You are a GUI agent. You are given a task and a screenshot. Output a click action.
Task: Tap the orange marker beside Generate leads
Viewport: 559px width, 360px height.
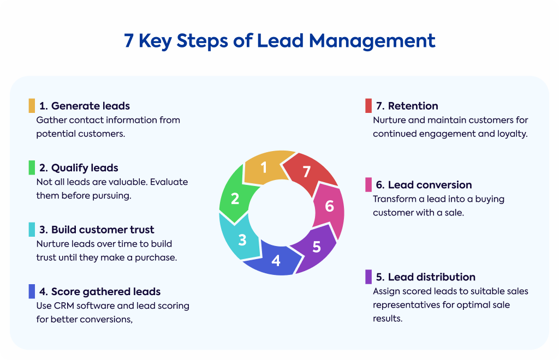pos(32,106)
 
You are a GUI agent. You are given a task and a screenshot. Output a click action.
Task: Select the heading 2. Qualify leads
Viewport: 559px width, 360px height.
pos(79,168)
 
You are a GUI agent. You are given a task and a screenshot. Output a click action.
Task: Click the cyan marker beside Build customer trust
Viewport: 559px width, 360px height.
pos(32,229)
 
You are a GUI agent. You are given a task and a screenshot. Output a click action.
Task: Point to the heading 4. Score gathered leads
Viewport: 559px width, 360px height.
pos(100,292)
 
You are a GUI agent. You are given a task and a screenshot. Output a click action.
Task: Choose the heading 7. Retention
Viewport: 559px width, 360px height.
pos(407,106)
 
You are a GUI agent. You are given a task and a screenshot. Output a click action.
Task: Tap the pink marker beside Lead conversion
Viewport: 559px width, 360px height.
pos(368,184)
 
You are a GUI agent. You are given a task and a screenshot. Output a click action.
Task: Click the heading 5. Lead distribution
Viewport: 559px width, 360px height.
pos(425,277)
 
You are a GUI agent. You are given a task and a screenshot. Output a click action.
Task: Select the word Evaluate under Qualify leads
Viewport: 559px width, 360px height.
pos(169,182)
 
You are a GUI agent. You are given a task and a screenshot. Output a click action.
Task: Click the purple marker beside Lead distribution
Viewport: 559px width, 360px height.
pos(368,277)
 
